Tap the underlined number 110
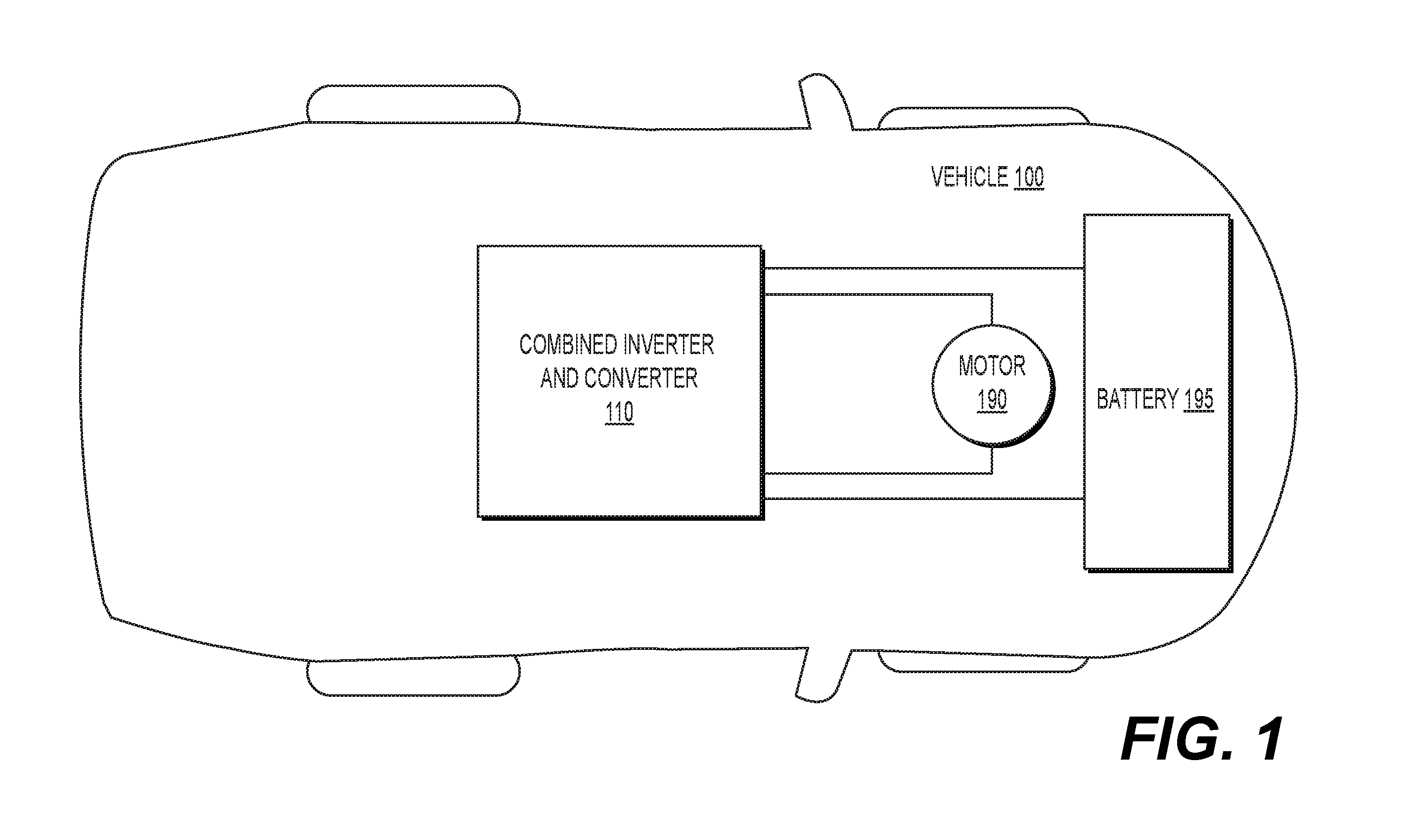click(x=619, y=412)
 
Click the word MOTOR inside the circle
click(x=992, y=365)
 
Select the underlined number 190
click(x=992, y=400)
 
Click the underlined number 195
click(x=1199, y=400)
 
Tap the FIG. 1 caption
click(x=1202, y=739)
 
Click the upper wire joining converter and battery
click(x=924, y=269)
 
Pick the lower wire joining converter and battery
click(x=924, y=498)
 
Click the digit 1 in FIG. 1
click(x=1266, y=739)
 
